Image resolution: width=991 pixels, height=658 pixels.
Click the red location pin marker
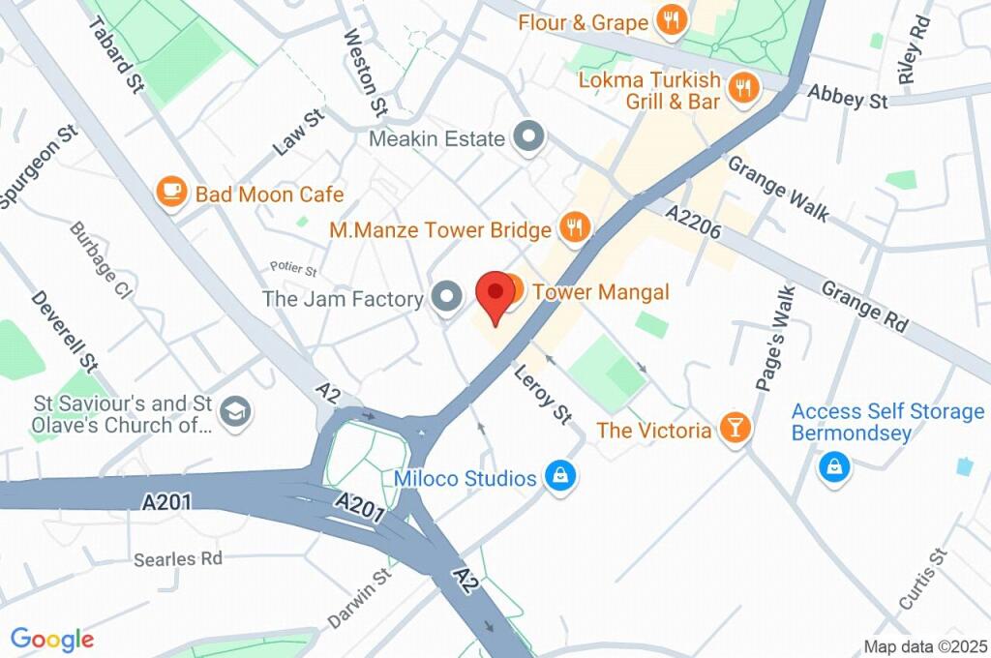(x=495, y=296)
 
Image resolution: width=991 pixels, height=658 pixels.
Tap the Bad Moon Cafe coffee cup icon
(x=171, y=193)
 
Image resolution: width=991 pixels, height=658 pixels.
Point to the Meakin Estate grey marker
(x=528, y=138)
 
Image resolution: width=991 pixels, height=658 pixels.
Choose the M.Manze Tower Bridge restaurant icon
(x=574, y=228)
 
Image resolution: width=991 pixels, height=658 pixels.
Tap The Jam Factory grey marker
(x=446, y=298)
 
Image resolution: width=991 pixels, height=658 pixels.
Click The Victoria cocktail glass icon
(x=736, y=429)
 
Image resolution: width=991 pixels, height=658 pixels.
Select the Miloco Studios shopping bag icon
(x=558, y=477)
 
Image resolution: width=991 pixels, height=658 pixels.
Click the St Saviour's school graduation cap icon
(x=232, y=412)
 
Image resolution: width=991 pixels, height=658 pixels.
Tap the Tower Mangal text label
(x=601, y=291)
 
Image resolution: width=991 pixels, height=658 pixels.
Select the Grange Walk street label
(x=778, y=189)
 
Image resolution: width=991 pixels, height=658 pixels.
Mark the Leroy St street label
(x=543, y=393)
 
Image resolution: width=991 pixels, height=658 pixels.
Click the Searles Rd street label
(x=178, y=558)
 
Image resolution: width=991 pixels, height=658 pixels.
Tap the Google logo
(x=52, y=639)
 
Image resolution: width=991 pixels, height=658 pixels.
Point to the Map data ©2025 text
(x=924, y=646)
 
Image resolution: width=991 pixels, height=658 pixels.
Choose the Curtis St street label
(x=921, y=580)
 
